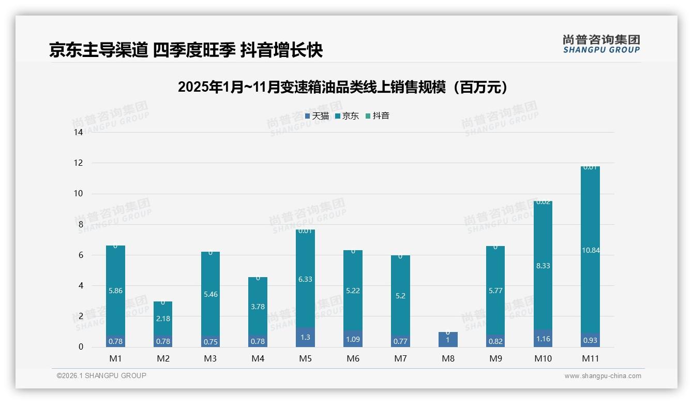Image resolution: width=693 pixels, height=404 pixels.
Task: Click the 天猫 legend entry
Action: coord(317,116)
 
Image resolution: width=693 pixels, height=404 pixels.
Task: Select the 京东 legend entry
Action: coord(347,116)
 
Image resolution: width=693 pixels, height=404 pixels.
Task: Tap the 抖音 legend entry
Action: coord(378,116)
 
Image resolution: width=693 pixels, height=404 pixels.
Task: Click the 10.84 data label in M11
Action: coord(591,251)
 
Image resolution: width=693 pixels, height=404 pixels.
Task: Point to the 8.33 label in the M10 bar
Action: coord(543,266)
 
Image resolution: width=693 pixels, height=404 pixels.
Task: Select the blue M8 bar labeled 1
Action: coord(448,340)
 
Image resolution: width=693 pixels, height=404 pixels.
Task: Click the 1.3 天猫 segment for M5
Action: coord(305,337)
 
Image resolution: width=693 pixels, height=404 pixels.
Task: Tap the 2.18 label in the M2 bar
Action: coord(163,319)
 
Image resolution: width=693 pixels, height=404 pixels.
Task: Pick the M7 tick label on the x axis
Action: coord(400,358)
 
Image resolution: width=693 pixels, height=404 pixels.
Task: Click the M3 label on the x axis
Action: coord(210,358)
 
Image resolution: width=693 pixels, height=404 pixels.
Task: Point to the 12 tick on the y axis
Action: coord(79,163)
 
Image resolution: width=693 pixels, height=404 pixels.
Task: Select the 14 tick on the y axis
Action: coord(79,133)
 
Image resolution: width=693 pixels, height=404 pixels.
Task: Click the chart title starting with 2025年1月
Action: coord(343,87)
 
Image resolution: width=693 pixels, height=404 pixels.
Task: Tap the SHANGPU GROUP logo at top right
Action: coord(601,44)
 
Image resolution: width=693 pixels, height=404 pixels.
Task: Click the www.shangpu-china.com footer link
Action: coord(602,376)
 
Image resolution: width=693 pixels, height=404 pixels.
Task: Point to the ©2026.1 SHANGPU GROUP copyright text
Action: coord(101,376)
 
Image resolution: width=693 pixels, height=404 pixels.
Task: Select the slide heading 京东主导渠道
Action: coord(186,50)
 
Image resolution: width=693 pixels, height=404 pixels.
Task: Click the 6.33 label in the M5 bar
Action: coord(305,279)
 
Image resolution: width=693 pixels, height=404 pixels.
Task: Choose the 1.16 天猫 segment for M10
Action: coord(543,338)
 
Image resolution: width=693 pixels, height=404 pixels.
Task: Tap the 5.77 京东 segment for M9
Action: coord(495,291)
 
